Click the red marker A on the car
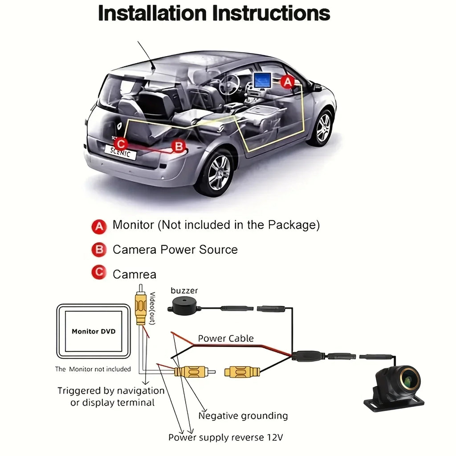click(288, 82)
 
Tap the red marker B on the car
click(179, 146)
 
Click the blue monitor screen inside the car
click(262, 80)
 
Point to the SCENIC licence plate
click(120, 153)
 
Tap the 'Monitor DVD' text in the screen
click(94, 331)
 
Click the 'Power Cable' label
click(226, 338)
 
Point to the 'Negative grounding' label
click(243, 416)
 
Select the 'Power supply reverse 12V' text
click(225, 437)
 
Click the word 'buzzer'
click(184, 291)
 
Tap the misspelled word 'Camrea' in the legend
click(134, 274)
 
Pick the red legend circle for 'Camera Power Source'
click(98, 250)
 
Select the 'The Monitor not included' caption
click(93, 369)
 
